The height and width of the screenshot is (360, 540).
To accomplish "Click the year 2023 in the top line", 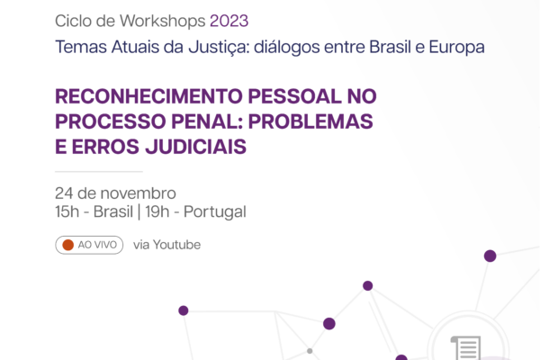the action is [x=229, y=21].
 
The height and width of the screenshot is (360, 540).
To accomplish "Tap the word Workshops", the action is [x=163, y=21].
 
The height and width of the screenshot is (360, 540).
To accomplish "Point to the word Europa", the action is [x=456, y=48].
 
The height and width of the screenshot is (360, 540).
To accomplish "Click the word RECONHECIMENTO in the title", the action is [x=148, y=96].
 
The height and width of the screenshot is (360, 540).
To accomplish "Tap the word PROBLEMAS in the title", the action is [x=310, y=121].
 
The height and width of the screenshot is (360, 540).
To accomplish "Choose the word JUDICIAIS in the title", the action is [x=195, y=147].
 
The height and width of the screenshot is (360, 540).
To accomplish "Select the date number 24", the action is [x=64, y=193].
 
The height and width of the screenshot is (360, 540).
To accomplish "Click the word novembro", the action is [x=138, y=193].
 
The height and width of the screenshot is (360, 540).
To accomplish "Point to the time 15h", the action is [x=67, y=211].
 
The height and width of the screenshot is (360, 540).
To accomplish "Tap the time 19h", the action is [x=157, y=211].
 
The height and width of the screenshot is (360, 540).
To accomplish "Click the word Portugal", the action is [x=215, y=212].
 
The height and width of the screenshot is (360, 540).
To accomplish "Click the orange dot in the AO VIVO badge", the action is [x=68, y=245].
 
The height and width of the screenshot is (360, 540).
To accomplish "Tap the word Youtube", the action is [x=176, y=245].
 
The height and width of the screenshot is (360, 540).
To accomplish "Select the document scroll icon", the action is [x=466, y=348].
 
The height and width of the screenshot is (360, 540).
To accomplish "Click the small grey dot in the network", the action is [x=310, y=351].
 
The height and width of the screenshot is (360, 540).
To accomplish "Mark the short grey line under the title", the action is [x=99, y=171].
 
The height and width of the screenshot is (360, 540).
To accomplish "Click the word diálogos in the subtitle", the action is [x=287, y=48].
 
